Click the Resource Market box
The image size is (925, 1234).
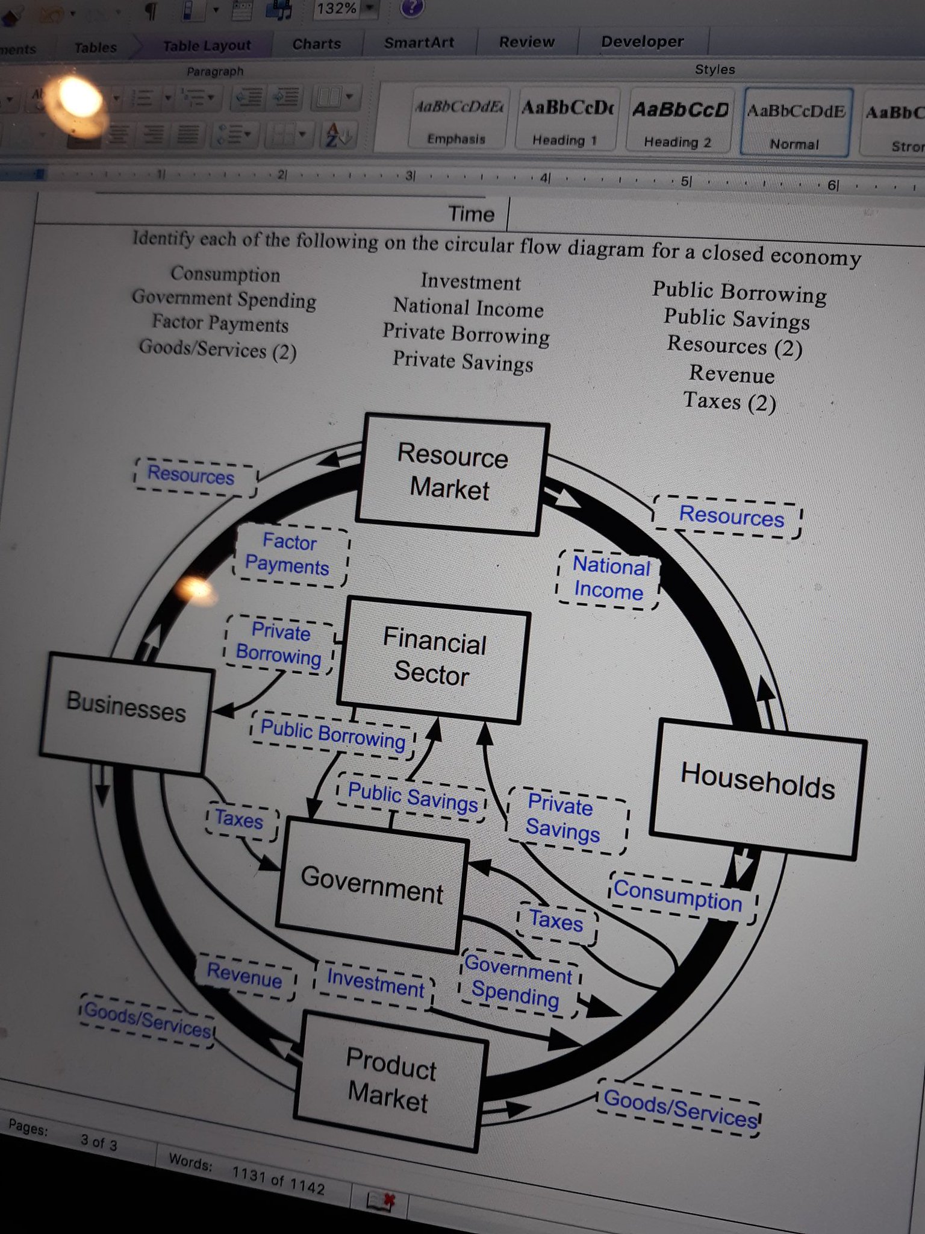[x=452, y=474]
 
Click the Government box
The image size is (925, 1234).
[x=372, y=885]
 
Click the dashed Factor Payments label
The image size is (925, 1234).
[x=288, y=554]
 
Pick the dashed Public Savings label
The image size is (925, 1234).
[x=413, y=797]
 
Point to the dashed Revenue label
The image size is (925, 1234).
[x=244, y=974]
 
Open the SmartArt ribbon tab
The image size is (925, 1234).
[x=419, y=42]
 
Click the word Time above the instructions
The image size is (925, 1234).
[x=471, y=214]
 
